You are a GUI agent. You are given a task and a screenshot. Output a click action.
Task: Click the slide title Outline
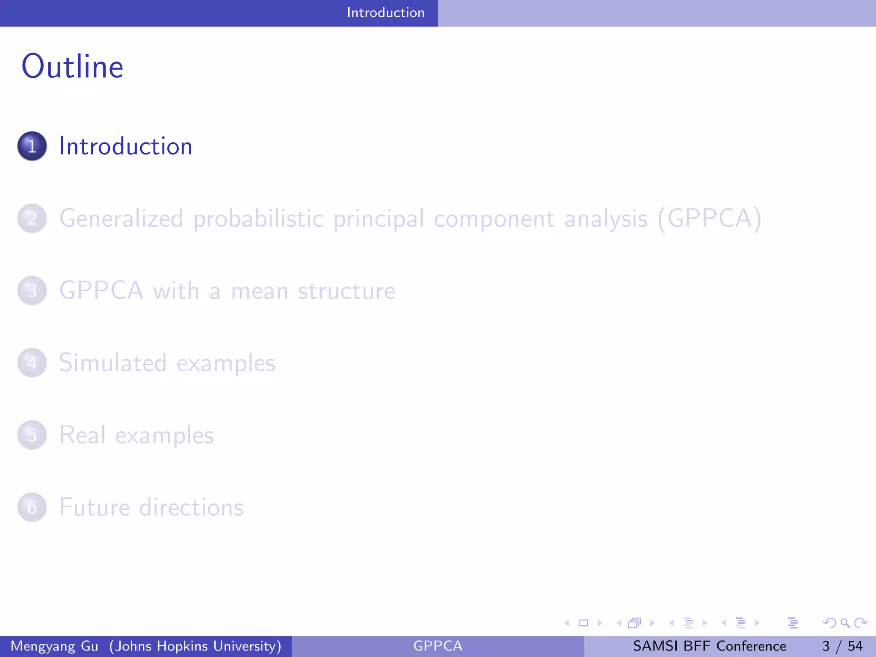coord(72,67)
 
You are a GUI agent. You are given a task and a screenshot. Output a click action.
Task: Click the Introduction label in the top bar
coord(385,12)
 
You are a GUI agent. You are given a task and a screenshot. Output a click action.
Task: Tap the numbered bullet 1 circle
coord(32,146)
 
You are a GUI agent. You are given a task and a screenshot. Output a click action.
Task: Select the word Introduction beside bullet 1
coord(126,146)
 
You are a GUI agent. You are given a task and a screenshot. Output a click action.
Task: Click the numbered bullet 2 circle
coord(32,219)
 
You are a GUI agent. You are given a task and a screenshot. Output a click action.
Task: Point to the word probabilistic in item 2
coord(258,219)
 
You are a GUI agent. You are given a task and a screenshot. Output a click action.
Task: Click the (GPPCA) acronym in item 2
coord(709,219)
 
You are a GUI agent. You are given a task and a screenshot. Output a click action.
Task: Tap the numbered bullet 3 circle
coord(32,291)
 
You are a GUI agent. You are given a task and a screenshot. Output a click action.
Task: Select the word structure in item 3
coord(346,291)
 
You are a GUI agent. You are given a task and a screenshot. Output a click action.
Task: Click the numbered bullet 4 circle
coord(32,363)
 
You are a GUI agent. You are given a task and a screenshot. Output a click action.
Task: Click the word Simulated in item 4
coord(112,363)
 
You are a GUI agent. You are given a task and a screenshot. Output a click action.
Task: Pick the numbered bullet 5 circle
coord(32,435)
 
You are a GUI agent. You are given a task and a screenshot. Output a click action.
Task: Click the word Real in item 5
coord(82,435)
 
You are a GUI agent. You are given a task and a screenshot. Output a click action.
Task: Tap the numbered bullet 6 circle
coord(32,507)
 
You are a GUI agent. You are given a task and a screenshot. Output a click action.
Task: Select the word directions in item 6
coord(191,507)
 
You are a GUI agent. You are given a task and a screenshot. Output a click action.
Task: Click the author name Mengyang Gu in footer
coord(54,646)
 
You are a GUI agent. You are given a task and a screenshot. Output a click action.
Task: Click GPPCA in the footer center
coord(438,646)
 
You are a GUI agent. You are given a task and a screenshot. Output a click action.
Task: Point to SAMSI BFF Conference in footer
coord(709,646)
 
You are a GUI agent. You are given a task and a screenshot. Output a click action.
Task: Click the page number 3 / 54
coord(842,646)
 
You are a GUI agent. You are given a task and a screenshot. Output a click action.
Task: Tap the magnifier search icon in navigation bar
coord(844,623)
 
